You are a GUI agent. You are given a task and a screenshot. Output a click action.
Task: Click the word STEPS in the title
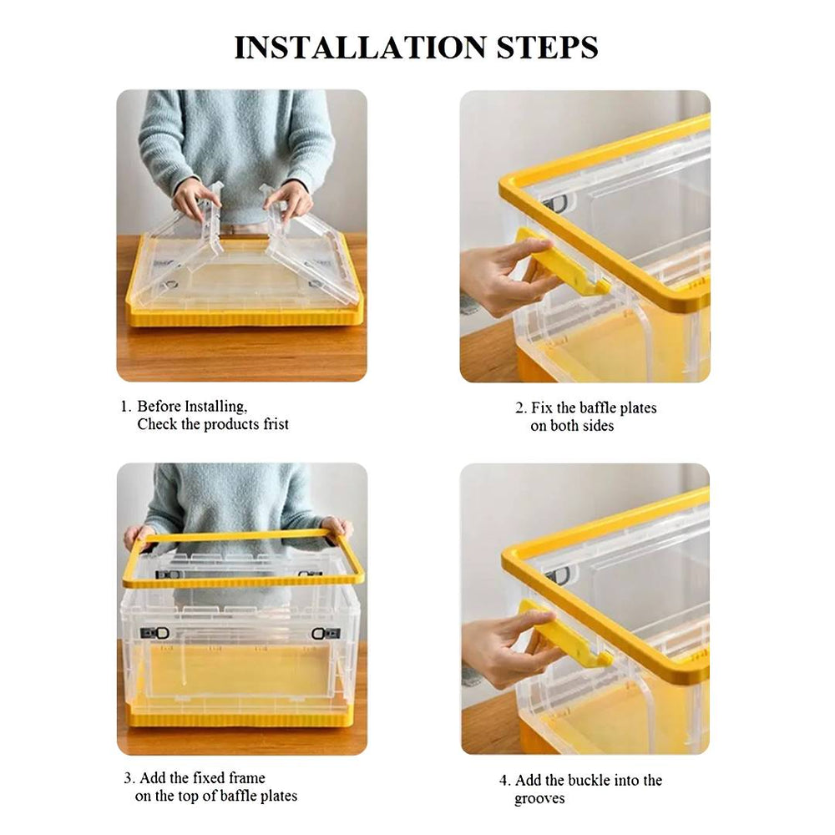(x=550, y=48)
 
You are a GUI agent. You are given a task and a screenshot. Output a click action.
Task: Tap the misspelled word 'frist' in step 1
(x=272, y=424)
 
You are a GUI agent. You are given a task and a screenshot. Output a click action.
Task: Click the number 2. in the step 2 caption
(x=520, y=408)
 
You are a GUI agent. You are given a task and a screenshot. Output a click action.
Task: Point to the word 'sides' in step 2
(x=596, y=426)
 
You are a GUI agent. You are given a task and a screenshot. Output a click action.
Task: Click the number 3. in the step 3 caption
(x=130, y=778)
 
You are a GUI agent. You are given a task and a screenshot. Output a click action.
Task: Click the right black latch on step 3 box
(x=326, y=634)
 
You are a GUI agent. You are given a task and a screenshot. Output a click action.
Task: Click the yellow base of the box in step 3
(x=240, y=717)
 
